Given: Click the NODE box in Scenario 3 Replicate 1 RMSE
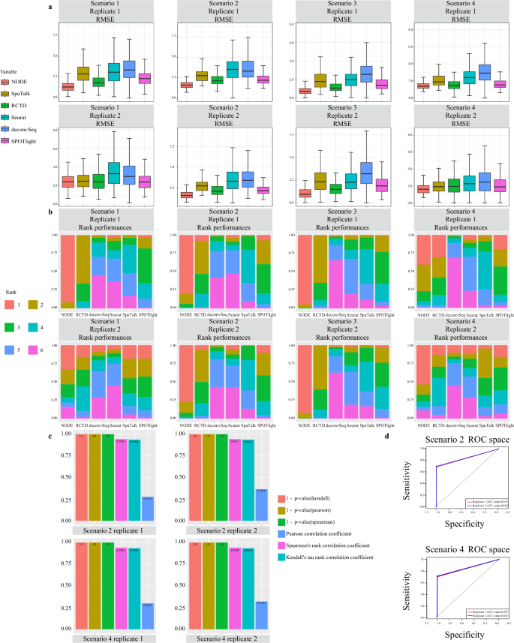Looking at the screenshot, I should [305, 91].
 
